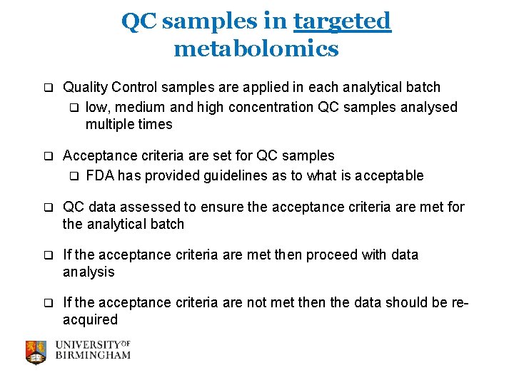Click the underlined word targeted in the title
coord(342,21)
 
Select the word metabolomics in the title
coord(256,48)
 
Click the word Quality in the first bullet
coord(85,87)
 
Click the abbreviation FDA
coord(99,175)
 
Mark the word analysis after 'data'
coord(89,272)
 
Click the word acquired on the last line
coord(90,319)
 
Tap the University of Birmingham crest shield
coord(36,351)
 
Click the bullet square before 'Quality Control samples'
coord(49,88)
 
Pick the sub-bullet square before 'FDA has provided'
coord(73,176)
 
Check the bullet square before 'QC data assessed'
coord(49,207)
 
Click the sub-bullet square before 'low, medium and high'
coord(73,108)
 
